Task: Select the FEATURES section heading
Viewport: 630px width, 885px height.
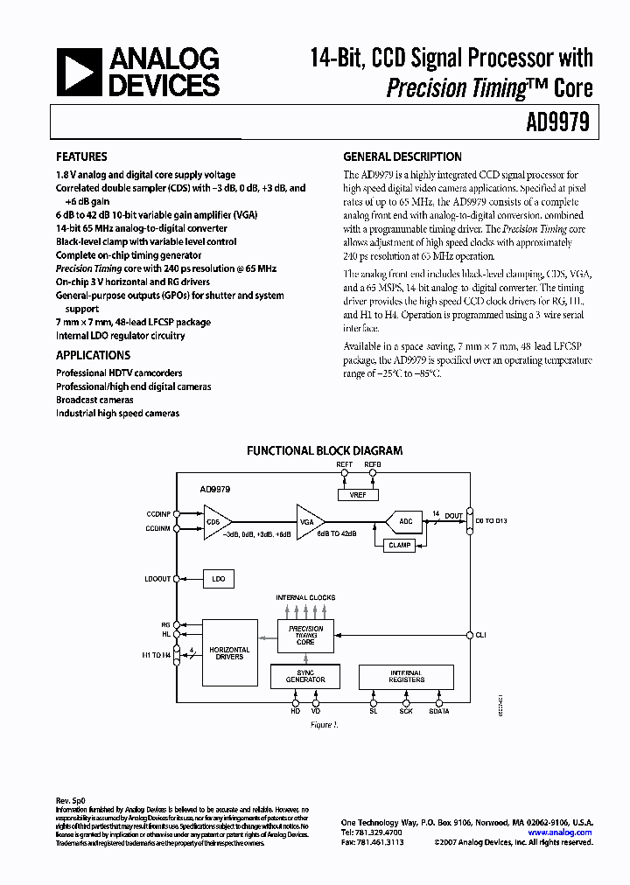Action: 81,157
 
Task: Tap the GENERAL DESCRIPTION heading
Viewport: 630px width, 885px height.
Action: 402,157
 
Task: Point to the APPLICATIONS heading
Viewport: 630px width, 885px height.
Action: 93,355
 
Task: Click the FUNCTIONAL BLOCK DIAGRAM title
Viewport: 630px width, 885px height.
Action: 325,451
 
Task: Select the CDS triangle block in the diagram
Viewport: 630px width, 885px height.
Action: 214,521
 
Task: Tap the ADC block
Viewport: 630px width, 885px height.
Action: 404,521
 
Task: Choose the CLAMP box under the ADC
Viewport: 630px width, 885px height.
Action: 399,545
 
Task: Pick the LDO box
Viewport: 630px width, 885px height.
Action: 219,578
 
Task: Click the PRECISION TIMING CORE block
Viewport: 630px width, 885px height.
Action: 305,635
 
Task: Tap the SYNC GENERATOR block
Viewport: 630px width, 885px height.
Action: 305,676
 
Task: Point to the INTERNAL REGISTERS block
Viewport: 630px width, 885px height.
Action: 406,676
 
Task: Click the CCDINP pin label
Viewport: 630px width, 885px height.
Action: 158,514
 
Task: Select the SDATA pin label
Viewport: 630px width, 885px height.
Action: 439,711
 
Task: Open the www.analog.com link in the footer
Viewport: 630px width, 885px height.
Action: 560,833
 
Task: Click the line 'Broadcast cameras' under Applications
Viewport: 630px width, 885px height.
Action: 94,400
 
